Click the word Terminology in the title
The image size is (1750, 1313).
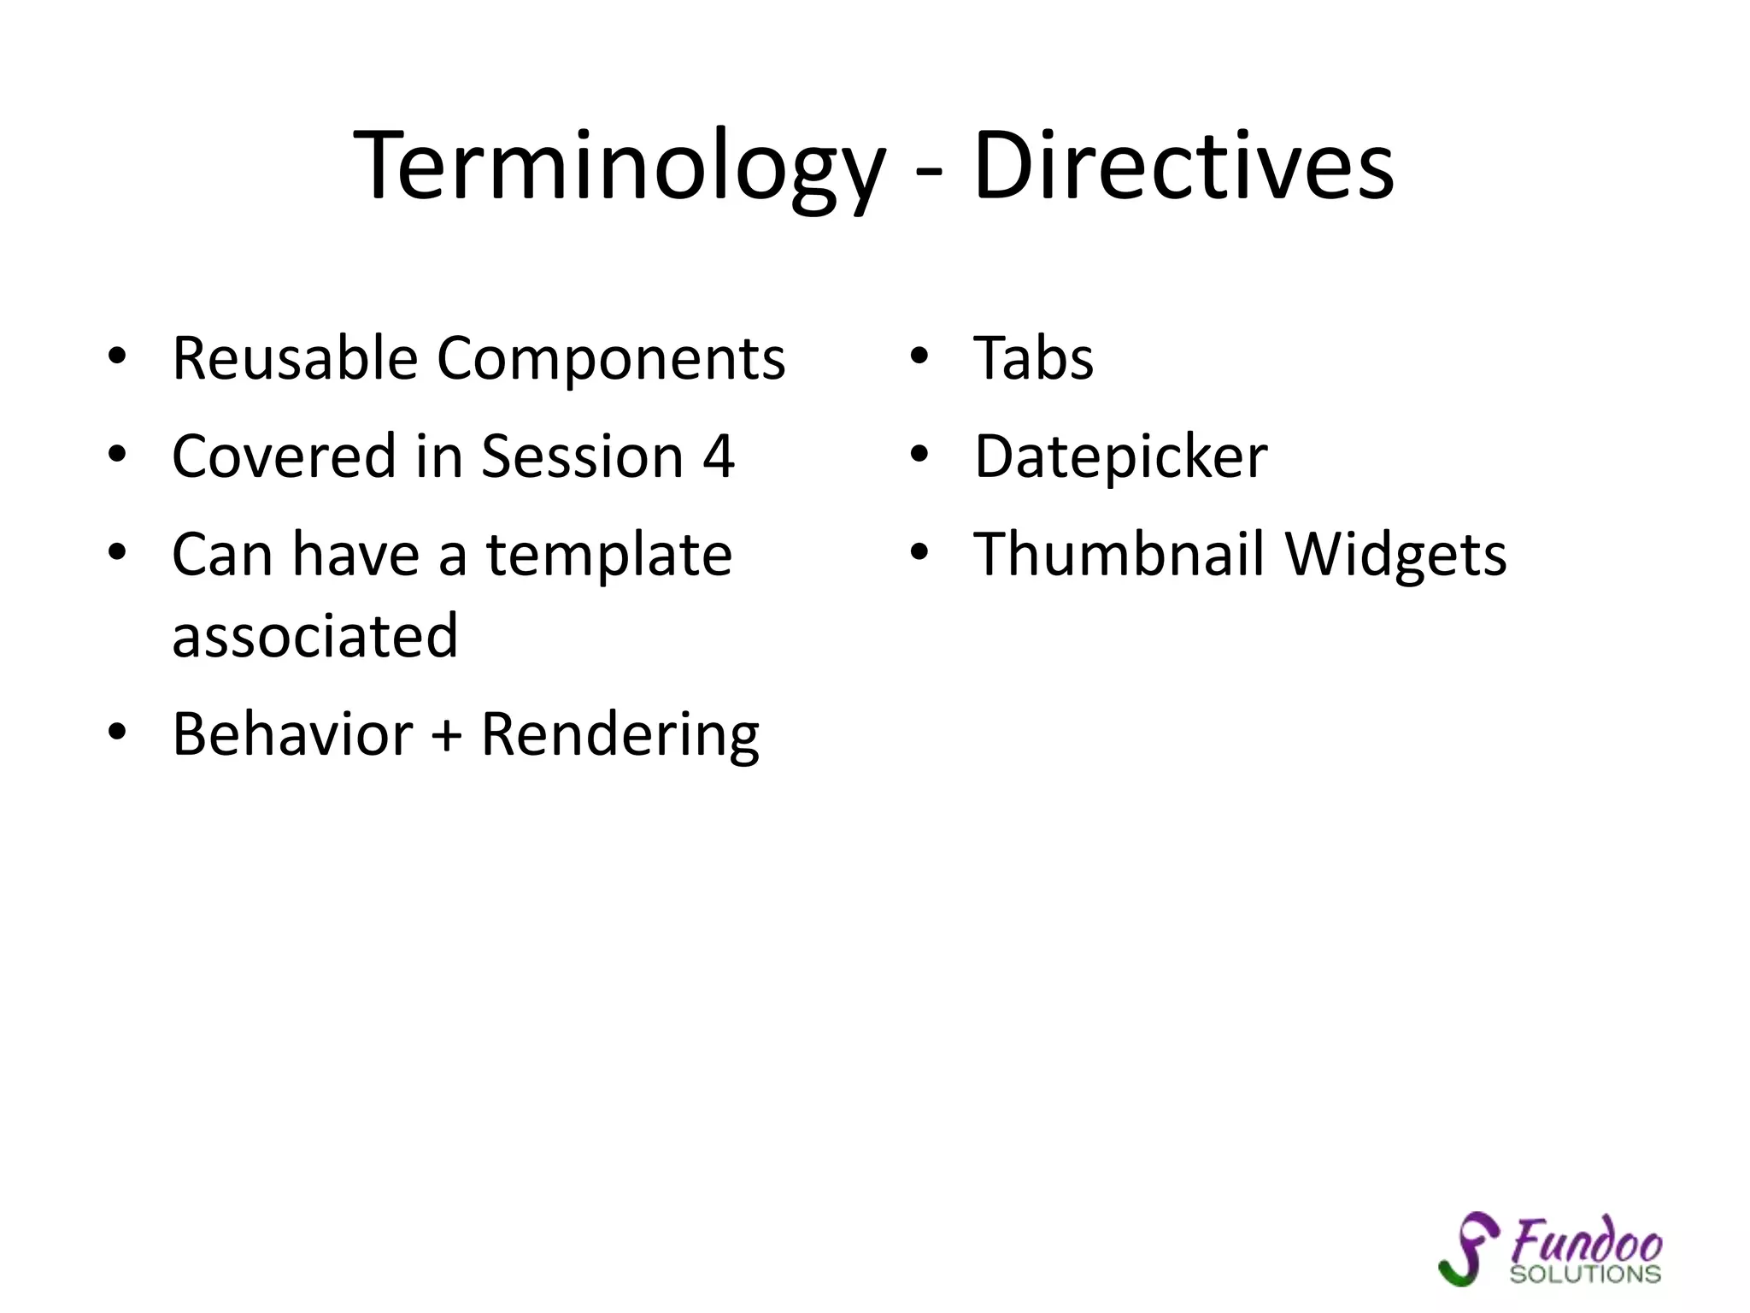tap(620, 167)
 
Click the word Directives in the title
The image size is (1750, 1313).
tap(1183, 167)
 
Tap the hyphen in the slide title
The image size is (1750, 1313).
tap(929, 171)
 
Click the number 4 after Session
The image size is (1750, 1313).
tap(718, 456)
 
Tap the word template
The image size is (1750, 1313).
tap(609, 556)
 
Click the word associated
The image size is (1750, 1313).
tap(314, 636)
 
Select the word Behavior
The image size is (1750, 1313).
tap(292, 734)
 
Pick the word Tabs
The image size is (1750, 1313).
tap(1033, 358)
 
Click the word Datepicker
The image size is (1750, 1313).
tap(1120, 458)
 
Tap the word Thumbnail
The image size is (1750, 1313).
tap(1119, 555)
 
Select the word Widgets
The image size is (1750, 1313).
tap(1395, 556)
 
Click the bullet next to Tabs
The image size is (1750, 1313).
tap(919, 357)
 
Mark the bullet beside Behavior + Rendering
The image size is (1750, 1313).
tap(117, 733)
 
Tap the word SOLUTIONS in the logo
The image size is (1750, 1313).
tap(1585, 1275)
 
